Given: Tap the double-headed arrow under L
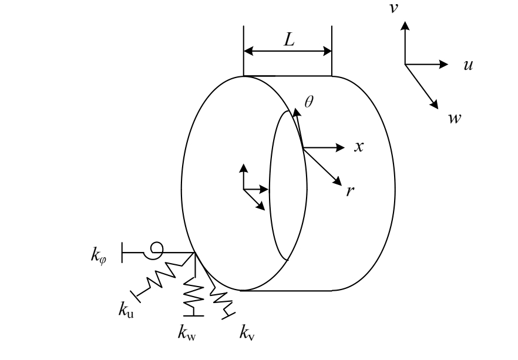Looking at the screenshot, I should (x=288, y=51).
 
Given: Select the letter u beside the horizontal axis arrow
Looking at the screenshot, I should (x=469, y=65).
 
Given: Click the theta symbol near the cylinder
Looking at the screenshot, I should (x=310, y=102).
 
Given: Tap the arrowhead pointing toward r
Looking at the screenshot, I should (x=339, y=183).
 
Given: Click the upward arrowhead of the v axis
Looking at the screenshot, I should (x=404, y=27).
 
